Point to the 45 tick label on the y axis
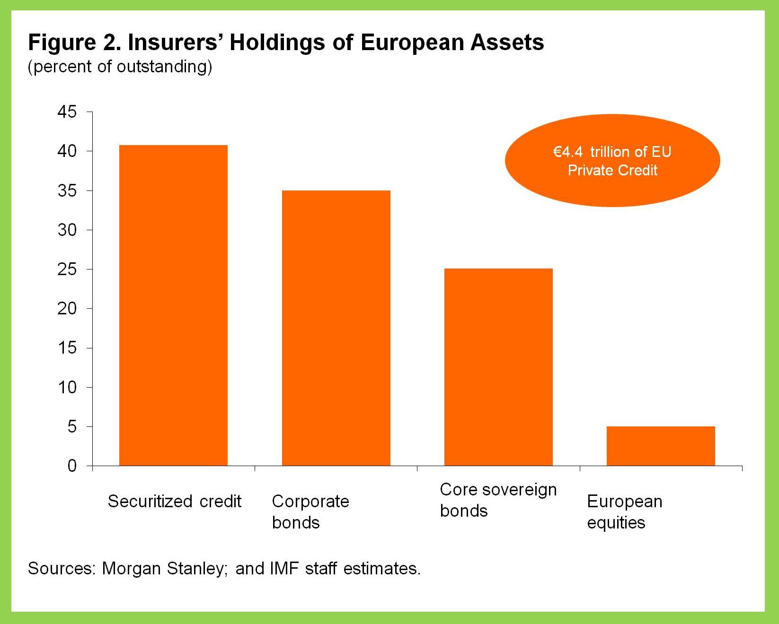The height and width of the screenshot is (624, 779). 67,112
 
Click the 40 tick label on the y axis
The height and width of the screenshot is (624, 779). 67,151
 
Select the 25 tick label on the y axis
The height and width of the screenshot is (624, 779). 67,269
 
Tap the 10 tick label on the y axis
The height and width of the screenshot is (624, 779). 67,388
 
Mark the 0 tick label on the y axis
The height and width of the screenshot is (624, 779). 72,466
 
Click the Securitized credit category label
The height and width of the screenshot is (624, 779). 175,501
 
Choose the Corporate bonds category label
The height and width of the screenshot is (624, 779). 310,511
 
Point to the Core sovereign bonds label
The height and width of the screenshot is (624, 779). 498,500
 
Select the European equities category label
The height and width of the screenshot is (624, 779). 624,511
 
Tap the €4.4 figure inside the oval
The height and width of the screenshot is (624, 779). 568,152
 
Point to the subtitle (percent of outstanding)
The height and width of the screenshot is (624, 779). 120,67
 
